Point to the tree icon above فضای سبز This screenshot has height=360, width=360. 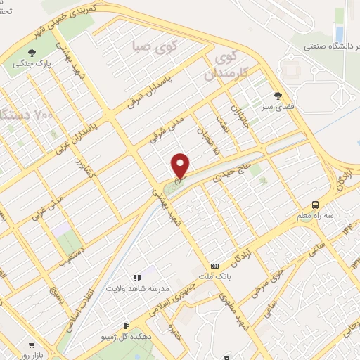(280, 96)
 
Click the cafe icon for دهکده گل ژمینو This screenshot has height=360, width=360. (126, 326)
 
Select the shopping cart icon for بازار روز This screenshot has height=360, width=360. (32, 345)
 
